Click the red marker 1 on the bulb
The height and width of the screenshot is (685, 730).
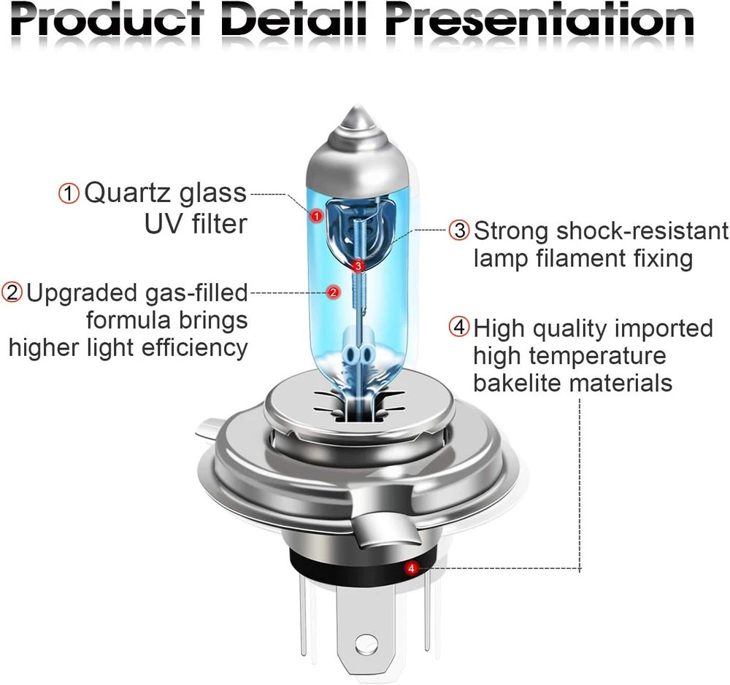[x=317, y=216]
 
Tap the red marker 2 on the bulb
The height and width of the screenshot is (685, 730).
[x=334, y=293]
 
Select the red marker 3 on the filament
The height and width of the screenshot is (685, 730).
[x=358, y=266]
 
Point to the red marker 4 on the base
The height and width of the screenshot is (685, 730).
[x=411, y=568]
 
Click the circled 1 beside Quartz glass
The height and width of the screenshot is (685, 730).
[x=69, y=193]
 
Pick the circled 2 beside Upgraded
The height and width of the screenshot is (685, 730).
[x=12, y=293]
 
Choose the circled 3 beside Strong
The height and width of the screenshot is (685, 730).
[x=459, y=231]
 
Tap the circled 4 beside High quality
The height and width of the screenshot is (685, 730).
[x=459, y=327]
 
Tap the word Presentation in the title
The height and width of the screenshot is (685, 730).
[x=539, y=20]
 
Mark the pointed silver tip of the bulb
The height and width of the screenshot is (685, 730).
[x=357, y=108]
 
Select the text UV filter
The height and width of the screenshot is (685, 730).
[x=196, y=224]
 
